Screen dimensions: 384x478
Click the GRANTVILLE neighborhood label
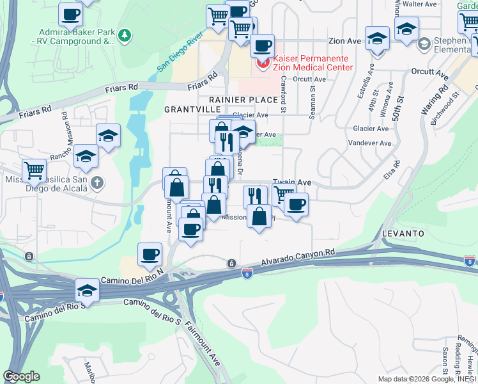coord(187,109)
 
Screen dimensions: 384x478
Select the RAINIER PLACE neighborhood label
coord(243,100)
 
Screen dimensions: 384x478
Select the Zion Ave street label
coord(345,40)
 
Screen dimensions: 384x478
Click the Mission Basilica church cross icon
coord(97,183)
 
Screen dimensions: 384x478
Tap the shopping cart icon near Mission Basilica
coord(34,170)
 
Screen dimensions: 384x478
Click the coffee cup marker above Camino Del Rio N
coord(150,254)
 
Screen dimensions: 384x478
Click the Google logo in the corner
coord(21,376)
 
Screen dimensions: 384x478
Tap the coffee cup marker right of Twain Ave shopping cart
coord(296,205)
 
